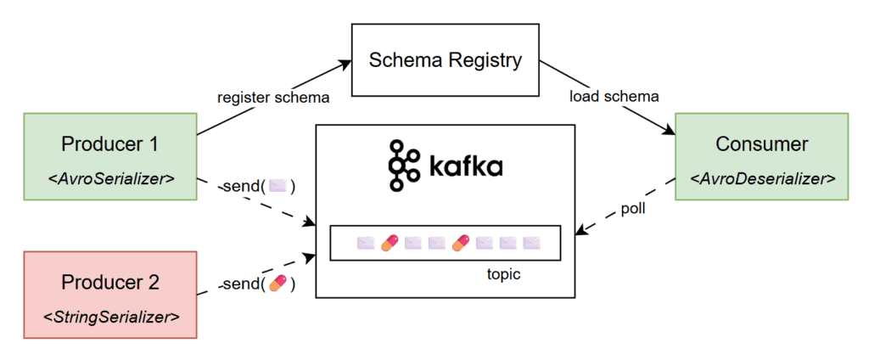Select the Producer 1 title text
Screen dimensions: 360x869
109,144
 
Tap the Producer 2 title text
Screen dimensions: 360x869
109,282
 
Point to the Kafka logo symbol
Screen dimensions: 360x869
403,165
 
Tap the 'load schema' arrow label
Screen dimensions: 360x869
614,96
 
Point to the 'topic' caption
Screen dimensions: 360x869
504,274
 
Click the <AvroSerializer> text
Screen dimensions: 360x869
109,179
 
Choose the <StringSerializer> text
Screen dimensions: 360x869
111,318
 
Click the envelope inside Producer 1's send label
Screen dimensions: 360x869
277,186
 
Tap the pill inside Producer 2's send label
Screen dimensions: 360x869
278,283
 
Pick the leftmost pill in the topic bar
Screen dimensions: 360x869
390,244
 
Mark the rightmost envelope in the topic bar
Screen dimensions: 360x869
532,244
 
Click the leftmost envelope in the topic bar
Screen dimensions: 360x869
366,244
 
